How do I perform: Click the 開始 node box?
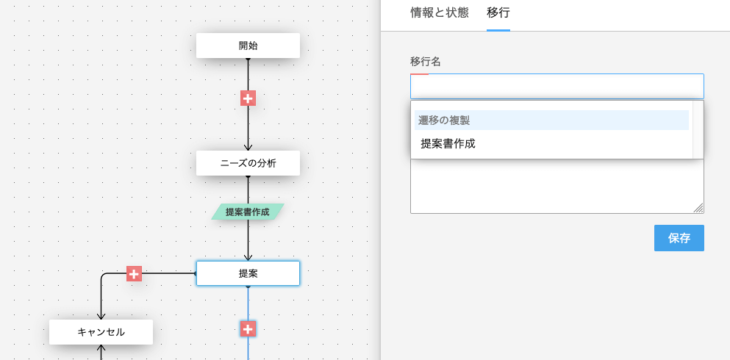248,46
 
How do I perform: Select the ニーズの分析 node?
248,163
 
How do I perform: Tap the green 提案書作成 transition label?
248,212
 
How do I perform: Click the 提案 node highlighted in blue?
248,273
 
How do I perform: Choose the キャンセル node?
101,332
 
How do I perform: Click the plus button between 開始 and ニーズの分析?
248,98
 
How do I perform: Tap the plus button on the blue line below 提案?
248,329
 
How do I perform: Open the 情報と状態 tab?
440,12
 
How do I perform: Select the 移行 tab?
498,12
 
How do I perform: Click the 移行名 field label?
426,62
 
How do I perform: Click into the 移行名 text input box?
557,87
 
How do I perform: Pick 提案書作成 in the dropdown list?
448,144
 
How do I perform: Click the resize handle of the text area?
699,209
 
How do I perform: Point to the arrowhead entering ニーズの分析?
248,147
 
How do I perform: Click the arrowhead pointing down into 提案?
248,257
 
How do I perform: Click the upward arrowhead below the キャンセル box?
101,348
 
